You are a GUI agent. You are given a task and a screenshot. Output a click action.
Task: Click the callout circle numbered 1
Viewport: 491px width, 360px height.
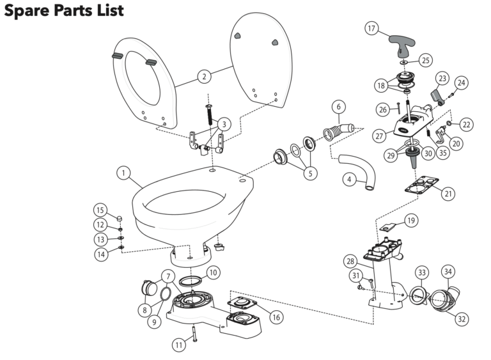pos(124,173)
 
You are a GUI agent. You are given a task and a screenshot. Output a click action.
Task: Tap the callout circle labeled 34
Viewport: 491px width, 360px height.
pos(448,272)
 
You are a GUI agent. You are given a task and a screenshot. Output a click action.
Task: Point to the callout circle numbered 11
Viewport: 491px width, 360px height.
pos(180,345)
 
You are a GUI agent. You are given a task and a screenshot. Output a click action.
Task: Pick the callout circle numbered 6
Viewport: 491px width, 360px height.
pos(339,106)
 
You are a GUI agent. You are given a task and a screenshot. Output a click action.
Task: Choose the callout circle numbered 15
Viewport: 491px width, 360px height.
pos(100,210)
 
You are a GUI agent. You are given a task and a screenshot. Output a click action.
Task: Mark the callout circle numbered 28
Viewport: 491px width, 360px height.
pos(350,262)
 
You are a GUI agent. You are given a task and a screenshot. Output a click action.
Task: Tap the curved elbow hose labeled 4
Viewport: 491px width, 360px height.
pos(355,169)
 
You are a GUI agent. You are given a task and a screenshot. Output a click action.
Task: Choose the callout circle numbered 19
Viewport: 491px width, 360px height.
pos(411,221)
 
